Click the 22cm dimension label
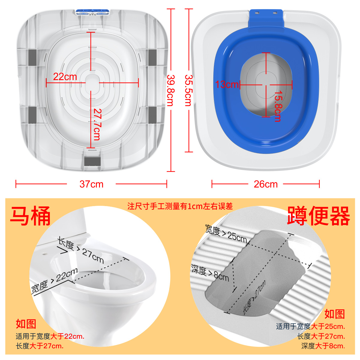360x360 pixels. pyautogui.click(x=65, y=77)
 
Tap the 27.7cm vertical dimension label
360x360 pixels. pyautogui.click(x=97, y=124)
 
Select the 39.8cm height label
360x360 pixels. pyautogui.click(x=171, y=90)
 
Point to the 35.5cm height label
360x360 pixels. pyautogui.click(x=189, y=90)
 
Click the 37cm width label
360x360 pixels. pyautogui.click(x=91, y=184)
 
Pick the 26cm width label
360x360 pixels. pyautogui.click(x=266, y=184)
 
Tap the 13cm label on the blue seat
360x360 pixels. pyautogui.click(x=227, y=84)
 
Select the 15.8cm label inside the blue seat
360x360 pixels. pyautogui.click(x=278, y=106)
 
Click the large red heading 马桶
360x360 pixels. pyautogui.click(x=30, y=216)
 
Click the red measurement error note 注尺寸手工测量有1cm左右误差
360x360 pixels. pyautogui.click(x=180, y=206)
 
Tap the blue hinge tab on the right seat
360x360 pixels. pyautogui.click(x=266, y=19)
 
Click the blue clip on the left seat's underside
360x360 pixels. pyautogui.click(x=92, y=12)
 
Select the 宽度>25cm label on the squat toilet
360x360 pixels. pyautogui.click(x=226, y=233)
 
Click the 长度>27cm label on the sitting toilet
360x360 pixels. pyautogui.click(x=80, y=250)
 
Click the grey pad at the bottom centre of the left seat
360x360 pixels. pyautogui.click(x=92, y=161)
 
